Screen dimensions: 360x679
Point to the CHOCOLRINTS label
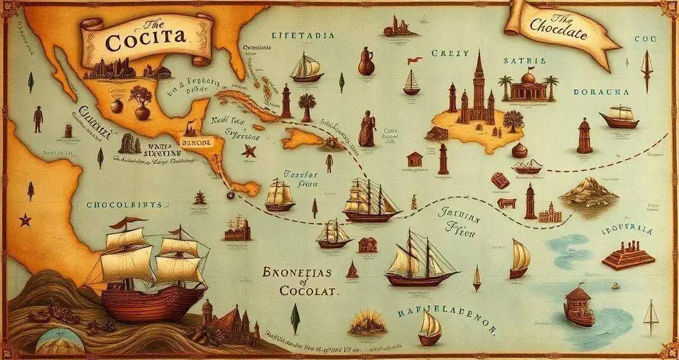[x=127, y=205]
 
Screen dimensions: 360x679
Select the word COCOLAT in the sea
[x=309, y=291]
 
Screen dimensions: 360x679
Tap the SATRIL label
[x=527, y=61]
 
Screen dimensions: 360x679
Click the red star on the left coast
[x=25, y=221]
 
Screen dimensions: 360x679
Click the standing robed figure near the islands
[x=367, y=128]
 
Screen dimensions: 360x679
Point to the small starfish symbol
[x=248, y=151]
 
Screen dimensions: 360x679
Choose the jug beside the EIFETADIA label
[x=366, y=62]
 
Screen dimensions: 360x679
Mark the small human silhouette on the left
[x=38, y=120]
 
